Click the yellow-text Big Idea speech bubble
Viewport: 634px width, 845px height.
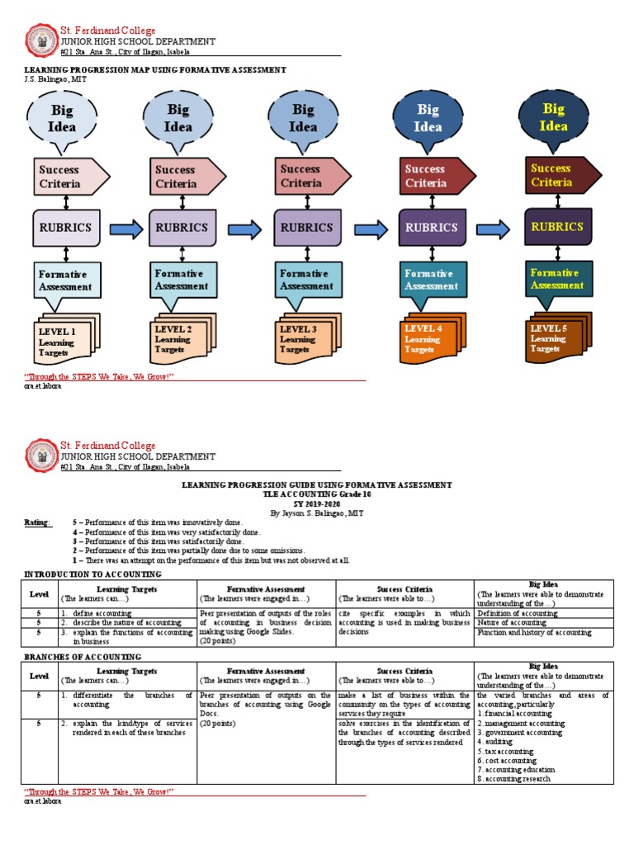(x=553, y=118)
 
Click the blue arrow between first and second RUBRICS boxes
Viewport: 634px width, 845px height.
(x=125, y=229)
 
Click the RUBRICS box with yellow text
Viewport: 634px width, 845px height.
(x=557, y=227)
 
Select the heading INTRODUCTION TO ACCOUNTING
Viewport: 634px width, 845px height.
(x=92, y=574)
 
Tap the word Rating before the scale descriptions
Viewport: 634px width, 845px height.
(x=38, y=523)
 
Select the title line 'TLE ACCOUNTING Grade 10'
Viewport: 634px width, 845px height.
(x=316, y=493)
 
